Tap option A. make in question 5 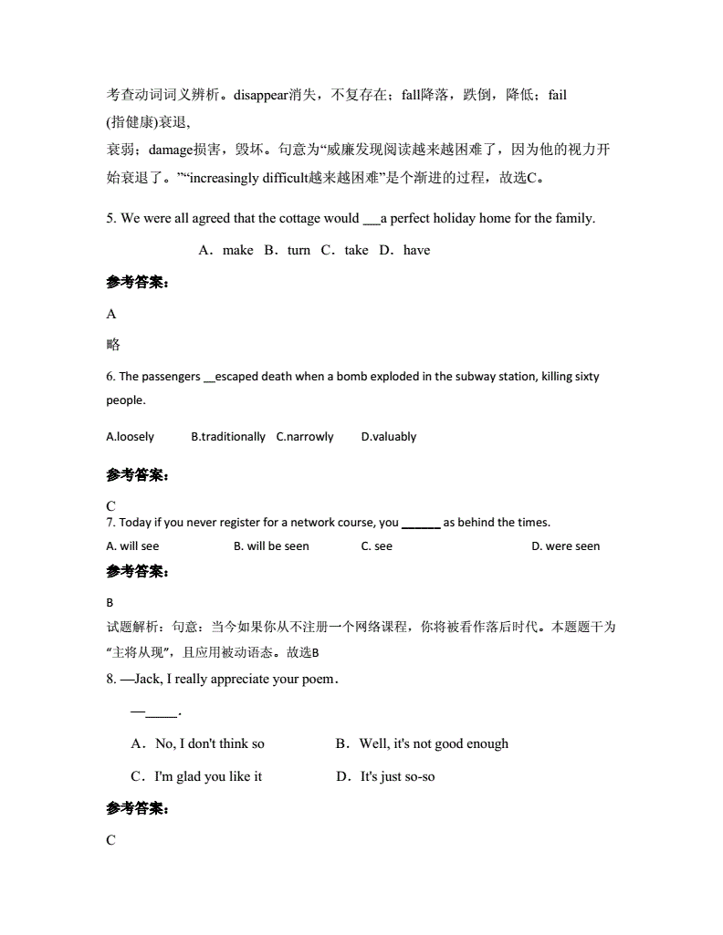[x=226, y=250]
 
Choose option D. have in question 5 [x=404, y=250]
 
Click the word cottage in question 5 [x=295, y=218]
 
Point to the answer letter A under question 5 [x=111, y=314]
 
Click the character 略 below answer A [x=113, y=345]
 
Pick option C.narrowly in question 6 [x=305, y=437]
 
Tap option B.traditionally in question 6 [x=228, y=437]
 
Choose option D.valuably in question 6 [x=389, y=437]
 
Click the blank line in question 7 [x=421, y=524]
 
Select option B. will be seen [x=271, y=546]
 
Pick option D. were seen [x=566, y=546]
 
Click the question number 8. [x=111, y=679]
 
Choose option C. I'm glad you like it [x=196, y=776]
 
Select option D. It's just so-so [x=385, y=776]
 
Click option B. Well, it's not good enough [x=422, y=743]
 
